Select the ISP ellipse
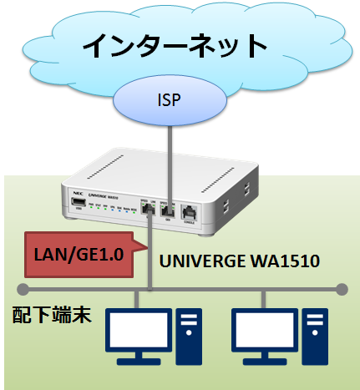point(169,101)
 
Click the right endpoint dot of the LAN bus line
point(342,289)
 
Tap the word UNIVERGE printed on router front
point(94,193)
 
